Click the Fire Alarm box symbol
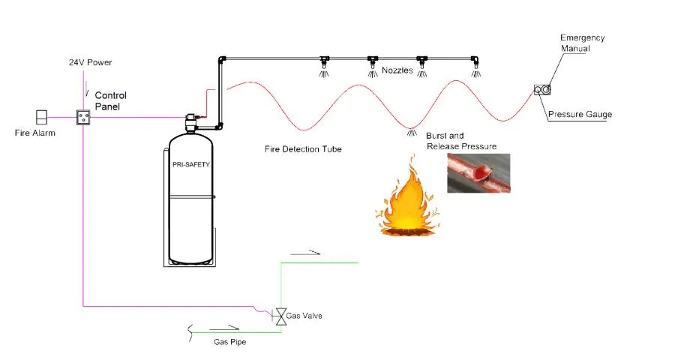point(42,117)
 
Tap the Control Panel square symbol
point(83,117)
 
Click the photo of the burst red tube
point(478,173)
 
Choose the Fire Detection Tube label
point(303,149)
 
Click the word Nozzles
point(397,71)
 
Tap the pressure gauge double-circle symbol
point(541,90)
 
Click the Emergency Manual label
point(583,43)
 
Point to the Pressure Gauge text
point(580,115)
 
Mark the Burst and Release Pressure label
point(460,140)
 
